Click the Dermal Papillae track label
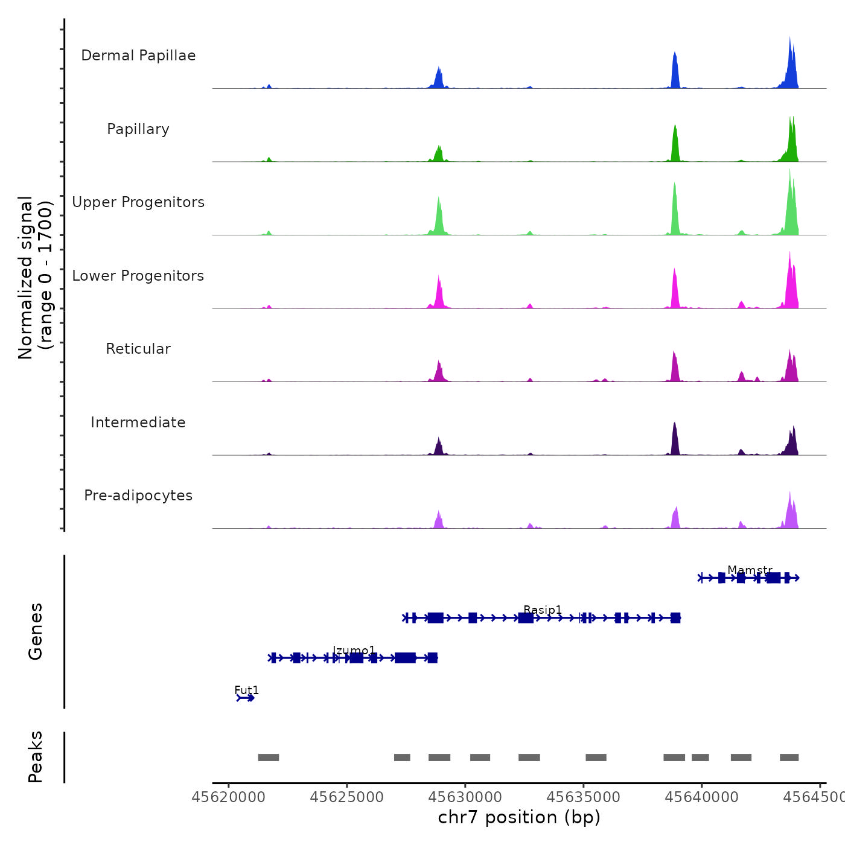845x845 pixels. point(138,56)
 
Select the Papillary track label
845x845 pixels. point(138,129)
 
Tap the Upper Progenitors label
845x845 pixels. point(138,202)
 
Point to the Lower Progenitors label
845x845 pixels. point(138,276)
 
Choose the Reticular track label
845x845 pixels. point(138,349)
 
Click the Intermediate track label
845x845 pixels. point(138,422)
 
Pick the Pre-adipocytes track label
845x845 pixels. point(138,496)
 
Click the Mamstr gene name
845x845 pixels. point(750,570)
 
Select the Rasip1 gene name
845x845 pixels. point(543,610)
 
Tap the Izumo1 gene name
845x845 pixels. point(354,650)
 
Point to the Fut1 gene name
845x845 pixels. point(246,690)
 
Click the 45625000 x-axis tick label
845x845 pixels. point(347,797)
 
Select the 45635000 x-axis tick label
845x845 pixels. point(584,797)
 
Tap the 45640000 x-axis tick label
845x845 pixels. point(702,797)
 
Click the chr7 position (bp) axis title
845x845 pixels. point(519,817)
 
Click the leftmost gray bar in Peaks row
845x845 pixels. point(268,757)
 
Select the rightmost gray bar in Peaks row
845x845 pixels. point(789,757)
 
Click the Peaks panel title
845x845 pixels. point(36,757)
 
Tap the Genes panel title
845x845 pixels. point(36,631)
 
